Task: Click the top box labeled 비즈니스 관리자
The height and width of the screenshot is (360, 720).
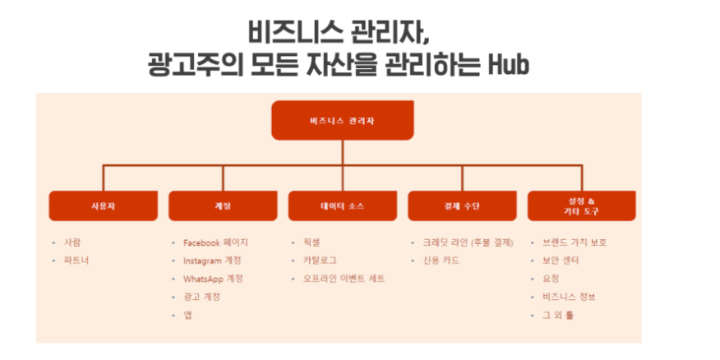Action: [x=343, y=120]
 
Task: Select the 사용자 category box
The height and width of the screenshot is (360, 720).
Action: [x=104, y=205]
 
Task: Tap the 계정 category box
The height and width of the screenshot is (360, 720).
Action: [x=223, y=205]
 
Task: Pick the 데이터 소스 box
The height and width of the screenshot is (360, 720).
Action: [x=343, y=205]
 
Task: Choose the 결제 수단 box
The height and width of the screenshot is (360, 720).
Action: [x=462, y=205]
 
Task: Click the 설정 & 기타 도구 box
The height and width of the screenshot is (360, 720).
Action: [x=581, y=205]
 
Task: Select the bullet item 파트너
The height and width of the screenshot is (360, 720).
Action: [x=76, y=261]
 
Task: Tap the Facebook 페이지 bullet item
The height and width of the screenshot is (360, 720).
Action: [x=216, y=242]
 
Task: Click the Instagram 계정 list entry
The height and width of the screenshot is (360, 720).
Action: [x=212, y=261]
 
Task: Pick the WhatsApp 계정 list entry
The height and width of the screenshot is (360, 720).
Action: [x=213, y=279]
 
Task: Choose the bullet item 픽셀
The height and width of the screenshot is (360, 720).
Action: [x=312, y=242]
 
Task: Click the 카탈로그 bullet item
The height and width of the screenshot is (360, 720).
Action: [x=320, y=261]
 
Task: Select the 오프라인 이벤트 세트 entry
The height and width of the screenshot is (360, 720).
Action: [x=344, y=279]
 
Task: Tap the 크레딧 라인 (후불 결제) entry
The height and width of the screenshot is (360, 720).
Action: [x=468, y=242]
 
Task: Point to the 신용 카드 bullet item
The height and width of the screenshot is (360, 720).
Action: [x=441, y=261]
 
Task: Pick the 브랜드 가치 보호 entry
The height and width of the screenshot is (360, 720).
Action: [x=575, y=242]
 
